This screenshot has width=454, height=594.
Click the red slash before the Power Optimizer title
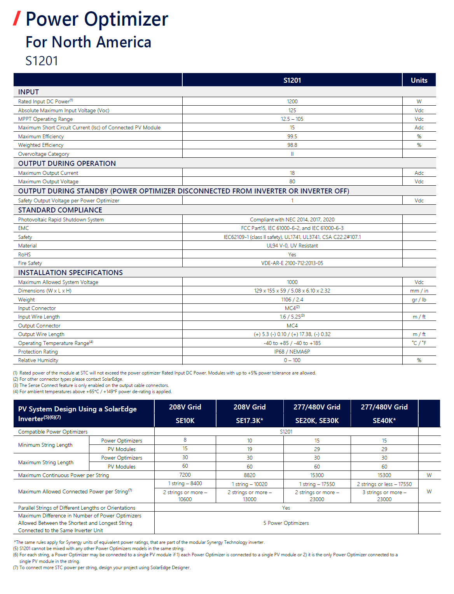(17, 19)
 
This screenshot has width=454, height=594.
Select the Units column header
(419, 80)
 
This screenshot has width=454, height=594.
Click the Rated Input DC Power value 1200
(292, 101)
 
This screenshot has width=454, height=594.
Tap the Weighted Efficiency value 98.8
(292, 145)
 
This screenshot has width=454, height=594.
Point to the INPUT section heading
(28, 92)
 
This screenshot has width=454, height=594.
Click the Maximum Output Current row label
(48, 173)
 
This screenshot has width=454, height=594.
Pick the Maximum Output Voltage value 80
(292, 181)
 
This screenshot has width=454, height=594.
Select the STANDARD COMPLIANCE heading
(60, 210)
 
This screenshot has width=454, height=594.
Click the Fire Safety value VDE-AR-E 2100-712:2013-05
(292, 263)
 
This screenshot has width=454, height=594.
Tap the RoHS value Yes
(292, 254)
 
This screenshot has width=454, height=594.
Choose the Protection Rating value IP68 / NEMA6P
(292, 352)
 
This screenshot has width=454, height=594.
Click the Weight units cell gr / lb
(419, 300)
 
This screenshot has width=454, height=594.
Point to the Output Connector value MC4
(292, 326)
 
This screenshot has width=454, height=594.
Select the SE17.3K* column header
(250, 420)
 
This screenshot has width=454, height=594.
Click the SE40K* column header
(384, 420)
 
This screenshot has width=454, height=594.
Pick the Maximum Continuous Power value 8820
(250, 475)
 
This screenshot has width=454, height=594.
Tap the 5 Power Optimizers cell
(286, 523)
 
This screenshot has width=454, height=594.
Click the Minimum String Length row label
(45, 445)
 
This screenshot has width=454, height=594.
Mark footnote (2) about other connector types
(68, 379)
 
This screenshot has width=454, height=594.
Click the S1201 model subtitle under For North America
(42, 61)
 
